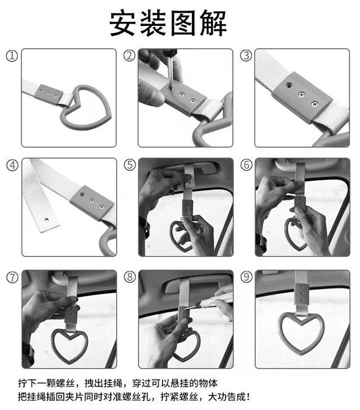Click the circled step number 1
click(12, 56)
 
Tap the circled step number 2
click(129, 56)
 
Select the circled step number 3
click(246, 56)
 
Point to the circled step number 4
click(12, 165)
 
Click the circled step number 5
click(130, 165)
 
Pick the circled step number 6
click(246, 165)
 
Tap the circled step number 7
click(12, 277)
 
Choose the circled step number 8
click(130, 277)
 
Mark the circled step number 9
click(246, 277)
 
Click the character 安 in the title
click(123, 23)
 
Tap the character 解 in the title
click(213, 23)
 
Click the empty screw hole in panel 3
click(289, 85)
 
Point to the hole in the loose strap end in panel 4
click(47, 220)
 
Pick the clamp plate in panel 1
click(49, 95)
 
